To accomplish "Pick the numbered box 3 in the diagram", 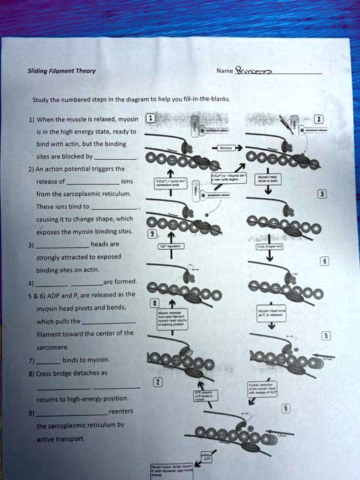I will click(x=322, y=195).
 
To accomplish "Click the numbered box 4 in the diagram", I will click(x=325, y=261).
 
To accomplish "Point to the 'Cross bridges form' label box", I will click(x=266, y=245).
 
